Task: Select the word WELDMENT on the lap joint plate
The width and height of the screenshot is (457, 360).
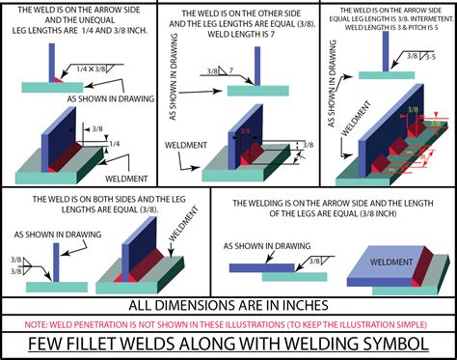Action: click(x=396, y=263)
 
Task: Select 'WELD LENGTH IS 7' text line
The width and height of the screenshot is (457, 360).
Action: click(x=228, y=43)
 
